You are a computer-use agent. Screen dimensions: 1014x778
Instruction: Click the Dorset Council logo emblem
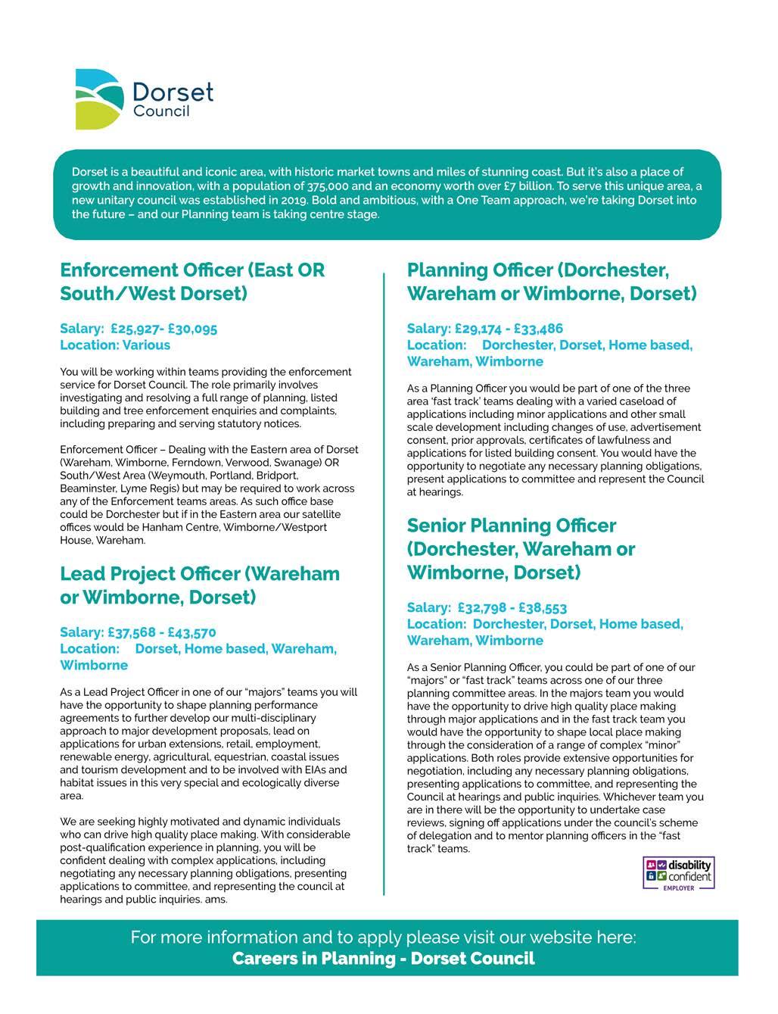(98, 98)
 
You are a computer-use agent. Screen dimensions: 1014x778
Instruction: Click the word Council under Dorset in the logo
(161, 112)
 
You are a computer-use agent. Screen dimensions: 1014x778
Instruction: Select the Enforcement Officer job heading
(192, 282)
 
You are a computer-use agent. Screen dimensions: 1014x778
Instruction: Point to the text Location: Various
(115, 345)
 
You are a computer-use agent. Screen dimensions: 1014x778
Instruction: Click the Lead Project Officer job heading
(200, 585)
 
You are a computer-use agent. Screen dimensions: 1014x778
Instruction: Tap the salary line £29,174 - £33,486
(484, 329)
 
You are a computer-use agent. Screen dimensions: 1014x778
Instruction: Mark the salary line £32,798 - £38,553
(487, 608)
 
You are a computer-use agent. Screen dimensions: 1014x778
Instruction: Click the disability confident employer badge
(678, 873)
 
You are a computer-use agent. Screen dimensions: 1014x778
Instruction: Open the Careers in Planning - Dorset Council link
(383, 959)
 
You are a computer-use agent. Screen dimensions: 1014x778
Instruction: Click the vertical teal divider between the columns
(384, 583)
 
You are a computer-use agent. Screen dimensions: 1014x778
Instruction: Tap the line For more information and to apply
(383, 937)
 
